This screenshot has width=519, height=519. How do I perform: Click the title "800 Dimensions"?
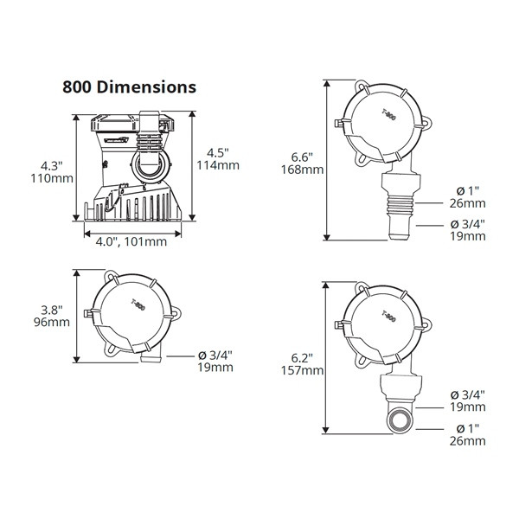[x=129, y=87]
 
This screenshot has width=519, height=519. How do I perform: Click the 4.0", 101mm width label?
[x=131, y=241]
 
